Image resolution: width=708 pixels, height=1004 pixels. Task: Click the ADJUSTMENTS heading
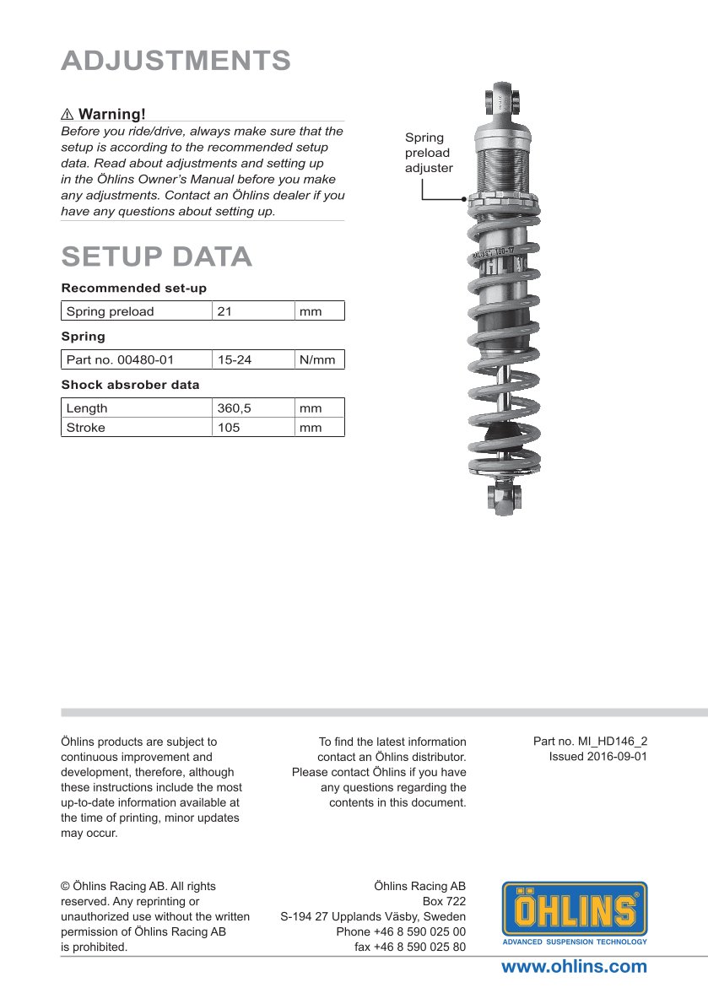[176, 61]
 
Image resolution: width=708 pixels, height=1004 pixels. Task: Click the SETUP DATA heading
[156, 256]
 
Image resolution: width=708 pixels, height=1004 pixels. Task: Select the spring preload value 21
[224, 311]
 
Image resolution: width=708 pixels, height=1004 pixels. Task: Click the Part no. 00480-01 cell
[120, 360]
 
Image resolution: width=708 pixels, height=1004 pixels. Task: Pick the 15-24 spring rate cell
[234, 360]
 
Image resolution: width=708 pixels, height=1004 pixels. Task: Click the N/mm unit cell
[317, 360]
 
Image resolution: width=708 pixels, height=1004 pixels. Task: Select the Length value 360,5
[234, 408]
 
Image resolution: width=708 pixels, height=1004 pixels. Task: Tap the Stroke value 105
[229, 428]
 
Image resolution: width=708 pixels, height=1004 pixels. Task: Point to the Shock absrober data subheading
[130, 385]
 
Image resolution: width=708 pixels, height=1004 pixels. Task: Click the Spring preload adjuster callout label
[428, 153]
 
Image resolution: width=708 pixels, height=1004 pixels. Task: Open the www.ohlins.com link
[574, 967]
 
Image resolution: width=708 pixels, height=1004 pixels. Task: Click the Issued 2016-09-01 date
[597, 757]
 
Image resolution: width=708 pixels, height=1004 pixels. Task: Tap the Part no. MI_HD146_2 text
[590, 742]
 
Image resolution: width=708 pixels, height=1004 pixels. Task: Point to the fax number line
[409, 947]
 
